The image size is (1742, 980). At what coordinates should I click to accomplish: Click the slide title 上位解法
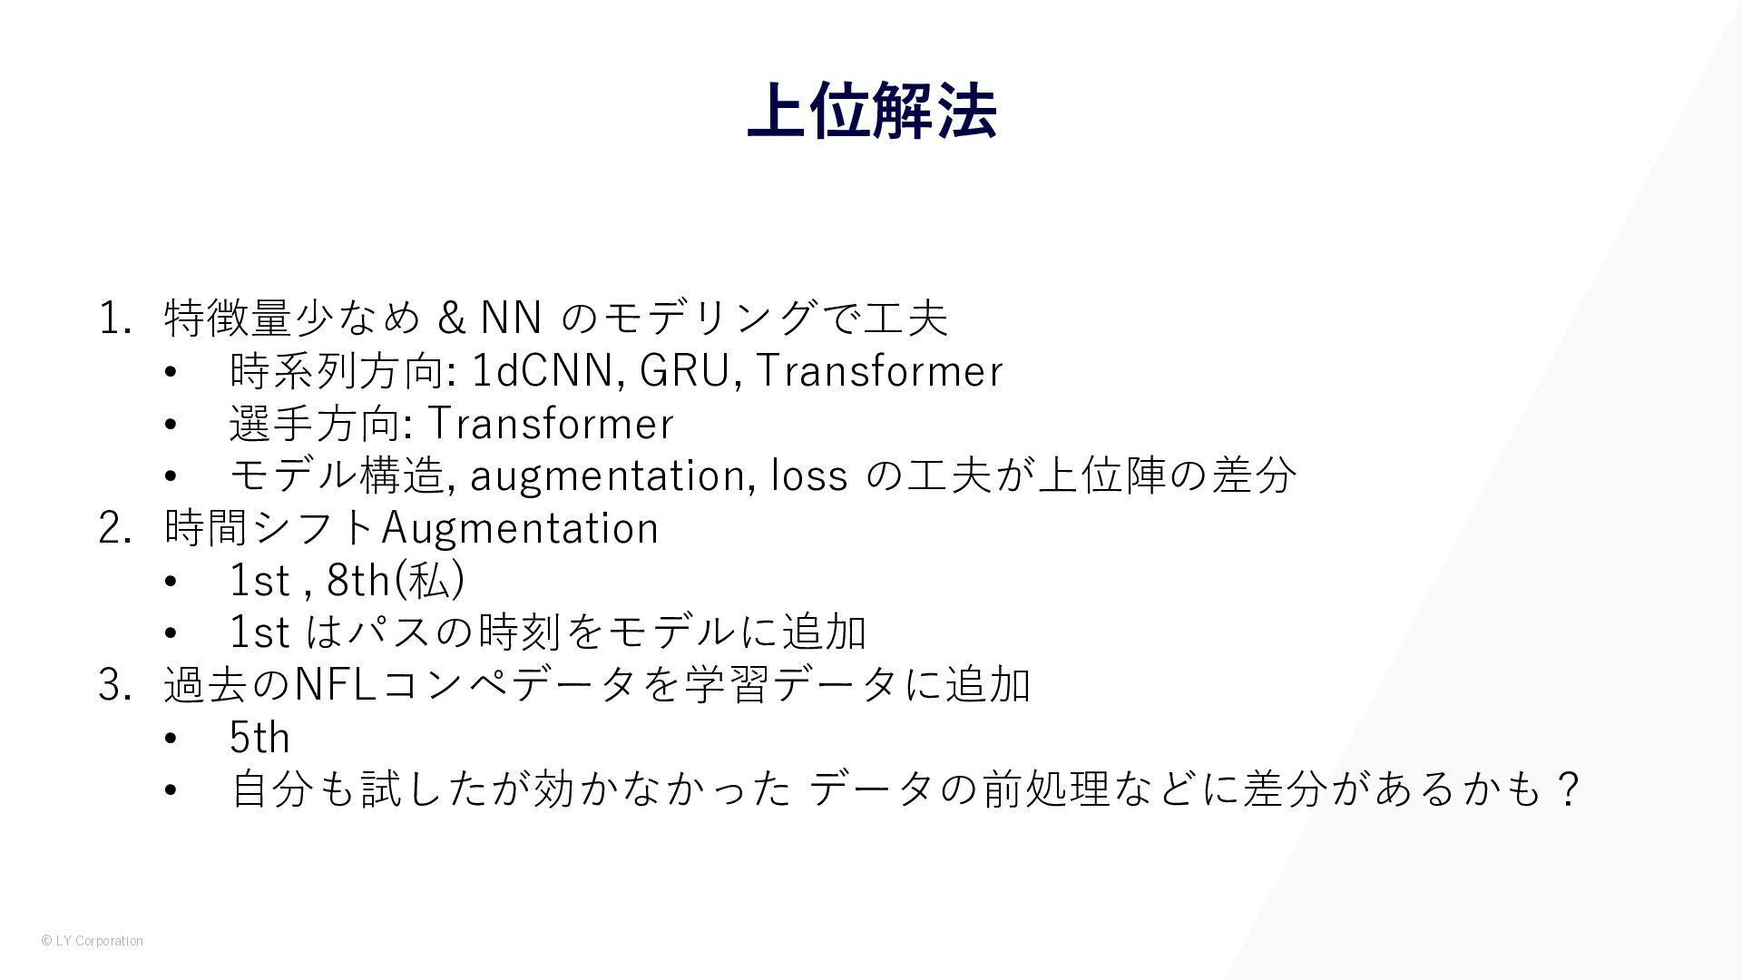click(872, 111)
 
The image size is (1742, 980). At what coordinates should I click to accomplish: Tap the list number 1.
click(115, 318)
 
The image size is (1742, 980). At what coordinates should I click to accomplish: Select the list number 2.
click(115, 528)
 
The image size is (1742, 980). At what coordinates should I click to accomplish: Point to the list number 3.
click(115, 685)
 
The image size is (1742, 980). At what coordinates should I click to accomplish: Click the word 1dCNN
click(543, 370)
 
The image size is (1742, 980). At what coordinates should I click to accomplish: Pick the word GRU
click(684, 370)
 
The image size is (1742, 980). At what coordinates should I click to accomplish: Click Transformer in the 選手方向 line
click(550, 423)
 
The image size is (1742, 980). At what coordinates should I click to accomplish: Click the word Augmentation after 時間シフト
click(520, 529)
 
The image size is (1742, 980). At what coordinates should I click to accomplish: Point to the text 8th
click(358, 581)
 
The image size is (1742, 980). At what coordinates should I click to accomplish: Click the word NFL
click(337, 685)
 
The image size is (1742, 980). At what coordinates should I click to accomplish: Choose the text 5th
click(260, 738)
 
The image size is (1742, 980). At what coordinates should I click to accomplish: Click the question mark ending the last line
click(1567, 789)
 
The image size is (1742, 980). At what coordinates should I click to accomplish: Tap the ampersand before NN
click(451, 318)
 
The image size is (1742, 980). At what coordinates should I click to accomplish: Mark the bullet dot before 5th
click(171, 739)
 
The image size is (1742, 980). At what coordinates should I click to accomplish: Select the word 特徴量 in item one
click(228, 318)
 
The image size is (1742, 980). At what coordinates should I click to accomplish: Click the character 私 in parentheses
click(429, 581)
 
